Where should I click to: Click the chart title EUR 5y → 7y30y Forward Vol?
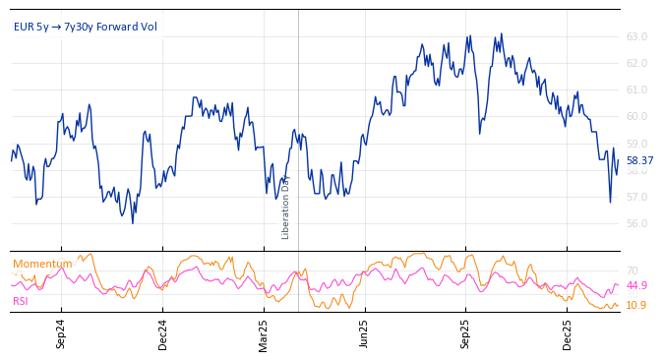pos(86,27)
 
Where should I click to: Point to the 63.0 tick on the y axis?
pos(636,37)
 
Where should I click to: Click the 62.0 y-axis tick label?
pos(636,64)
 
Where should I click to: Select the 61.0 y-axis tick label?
pos(636,90)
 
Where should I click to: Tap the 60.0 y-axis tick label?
pos(636,117)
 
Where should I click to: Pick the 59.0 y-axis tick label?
pos(636,144)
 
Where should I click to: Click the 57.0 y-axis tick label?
pos(636,197)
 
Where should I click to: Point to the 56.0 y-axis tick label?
pos(636,223)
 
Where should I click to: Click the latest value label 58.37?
pos(639,160)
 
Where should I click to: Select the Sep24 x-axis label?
pos(61,333)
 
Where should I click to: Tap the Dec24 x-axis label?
pos(162,333)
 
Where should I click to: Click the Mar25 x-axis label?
pos(264,333)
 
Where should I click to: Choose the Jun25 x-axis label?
pos(365,333)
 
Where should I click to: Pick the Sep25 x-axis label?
pos(466,333)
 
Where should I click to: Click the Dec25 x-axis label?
pos(568,333)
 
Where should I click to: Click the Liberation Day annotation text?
pos(286,208)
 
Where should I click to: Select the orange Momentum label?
pos(42,264)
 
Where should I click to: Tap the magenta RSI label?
pos(21,301)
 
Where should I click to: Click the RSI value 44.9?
pos(636,286)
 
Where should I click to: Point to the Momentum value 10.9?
pos(636,305)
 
